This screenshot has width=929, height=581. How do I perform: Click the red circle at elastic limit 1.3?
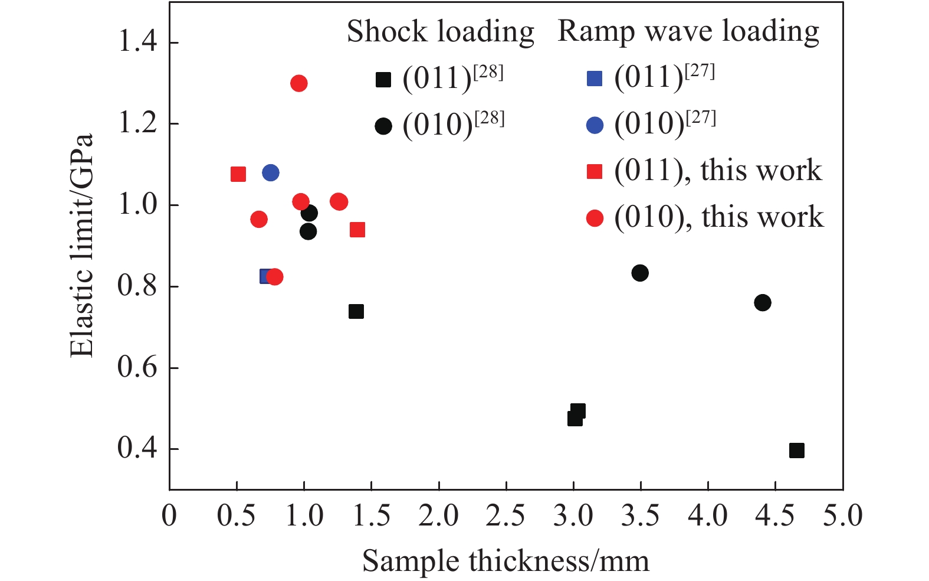pos(298,83)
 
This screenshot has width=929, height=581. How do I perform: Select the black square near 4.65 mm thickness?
pos(796,451)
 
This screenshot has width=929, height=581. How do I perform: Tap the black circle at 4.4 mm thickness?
pos(762,303)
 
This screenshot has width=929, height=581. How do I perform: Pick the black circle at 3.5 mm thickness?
pos(640,273)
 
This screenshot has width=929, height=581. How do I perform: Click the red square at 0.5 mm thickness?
pos(238,174)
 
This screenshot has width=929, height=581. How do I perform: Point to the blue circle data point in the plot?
pos(271,173)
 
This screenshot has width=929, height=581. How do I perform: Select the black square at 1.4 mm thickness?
pos(356,311)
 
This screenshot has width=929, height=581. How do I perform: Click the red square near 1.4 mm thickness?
pos(357,230)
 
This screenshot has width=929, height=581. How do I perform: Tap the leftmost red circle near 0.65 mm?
pos(258,220)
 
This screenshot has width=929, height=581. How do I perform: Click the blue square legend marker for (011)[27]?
pos(595,79)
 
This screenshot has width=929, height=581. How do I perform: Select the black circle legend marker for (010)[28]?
pos(383,126)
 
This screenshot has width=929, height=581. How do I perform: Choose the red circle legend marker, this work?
pos(595,218)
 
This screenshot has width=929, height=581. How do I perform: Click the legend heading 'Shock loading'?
pos(440,31)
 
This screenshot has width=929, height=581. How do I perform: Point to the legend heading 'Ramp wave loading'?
pos(688,31)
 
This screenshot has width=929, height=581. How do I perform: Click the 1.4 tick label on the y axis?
pos(137,43)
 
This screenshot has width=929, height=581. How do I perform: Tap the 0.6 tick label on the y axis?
pos(137,367)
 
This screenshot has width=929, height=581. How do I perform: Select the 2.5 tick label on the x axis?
pos(506,516)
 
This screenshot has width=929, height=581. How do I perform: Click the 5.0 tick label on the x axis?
pos(842,516)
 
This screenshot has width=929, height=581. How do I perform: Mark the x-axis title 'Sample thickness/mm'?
pos(505,561)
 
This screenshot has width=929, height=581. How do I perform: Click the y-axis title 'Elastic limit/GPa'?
pos(82,245)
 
